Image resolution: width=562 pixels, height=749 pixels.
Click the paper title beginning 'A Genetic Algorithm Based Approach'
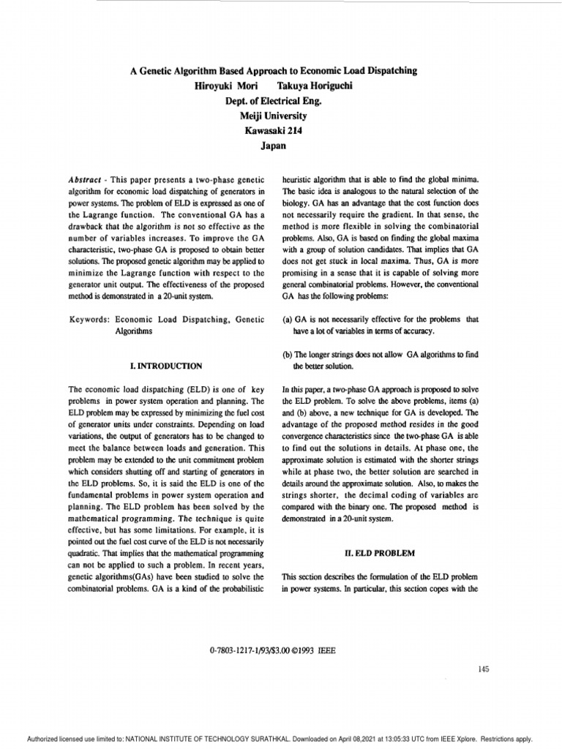click(x=273, y=70)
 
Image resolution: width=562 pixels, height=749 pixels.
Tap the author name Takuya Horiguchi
click(x=312, y=86)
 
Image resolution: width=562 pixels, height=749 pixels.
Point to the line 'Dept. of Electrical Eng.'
click(x=272, y=101)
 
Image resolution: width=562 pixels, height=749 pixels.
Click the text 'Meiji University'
click(x=272, y=116)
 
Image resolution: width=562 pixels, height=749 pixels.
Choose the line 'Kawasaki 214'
click(x=272, y=131)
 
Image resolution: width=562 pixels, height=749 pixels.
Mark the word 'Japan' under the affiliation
click(x=272, y=146)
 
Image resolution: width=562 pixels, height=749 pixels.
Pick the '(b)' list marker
click(x=287, y=355)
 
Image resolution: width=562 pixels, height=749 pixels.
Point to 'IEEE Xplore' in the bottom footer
click(x=457, y=739)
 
